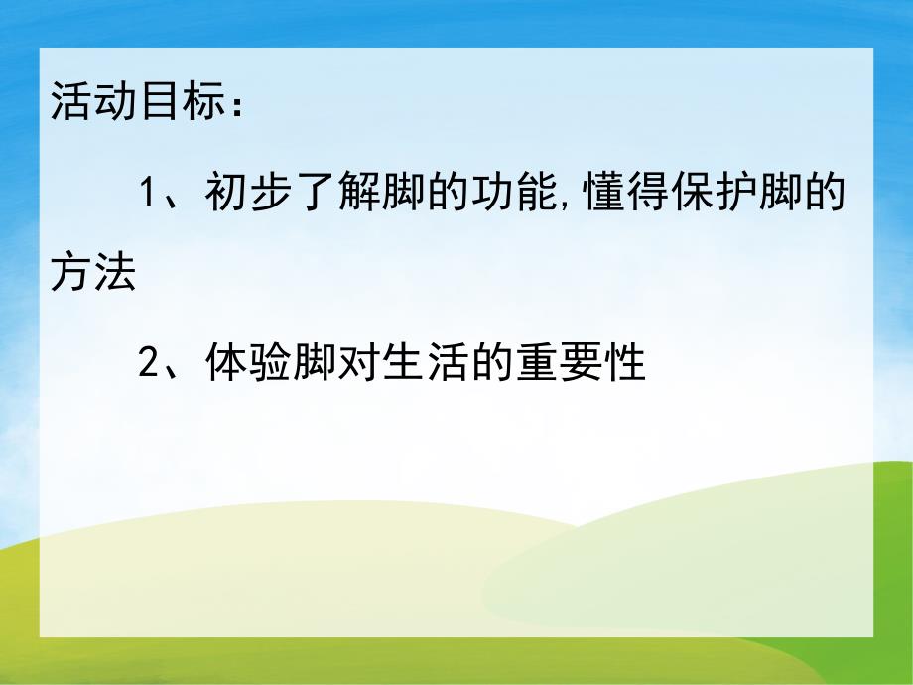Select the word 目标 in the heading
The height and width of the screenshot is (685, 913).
181,104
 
